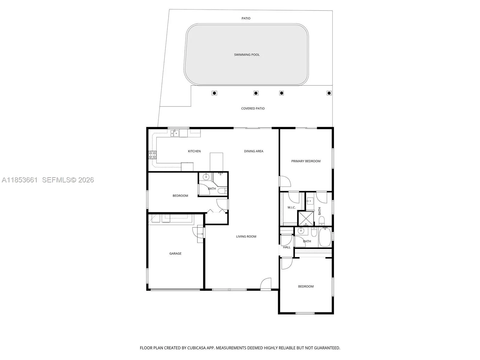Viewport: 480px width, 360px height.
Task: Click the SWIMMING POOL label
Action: [x=247, y=55]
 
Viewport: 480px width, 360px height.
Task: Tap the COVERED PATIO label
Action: [x=253, y=108]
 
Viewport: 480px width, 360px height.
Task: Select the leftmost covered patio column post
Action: [x=214, y=93]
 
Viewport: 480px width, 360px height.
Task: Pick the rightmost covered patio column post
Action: [x=329, y=93]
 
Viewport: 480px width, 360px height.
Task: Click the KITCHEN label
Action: [x=194, y=151]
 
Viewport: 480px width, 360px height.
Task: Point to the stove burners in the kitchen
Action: [x=152, y=155]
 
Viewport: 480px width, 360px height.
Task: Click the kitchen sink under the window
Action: [x=175, y=133]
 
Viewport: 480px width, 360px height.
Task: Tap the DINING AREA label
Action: [x=253, y=151]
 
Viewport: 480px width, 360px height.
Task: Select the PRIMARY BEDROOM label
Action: [x=306, y=161]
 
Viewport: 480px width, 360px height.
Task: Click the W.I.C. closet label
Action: [x=291, y=208]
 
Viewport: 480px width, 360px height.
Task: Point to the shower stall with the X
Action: [x=306, y=218]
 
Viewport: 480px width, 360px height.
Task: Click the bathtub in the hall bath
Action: [x=325, y=237]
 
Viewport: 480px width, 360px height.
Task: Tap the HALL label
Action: [x=286, y=247]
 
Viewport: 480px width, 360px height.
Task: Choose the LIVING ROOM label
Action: [x=246, y=236]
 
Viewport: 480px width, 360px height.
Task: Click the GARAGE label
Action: [x=175, y=253]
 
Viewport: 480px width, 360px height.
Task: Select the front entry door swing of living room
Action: [x=266, y=283]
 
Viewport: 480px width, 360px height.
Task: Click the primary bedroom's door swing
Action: [x=285, y=181]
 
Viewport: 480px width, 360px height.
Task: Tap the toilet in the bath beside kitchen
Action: [x=222, y=191]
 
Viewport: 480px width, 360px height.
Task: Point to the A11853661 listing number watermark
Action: [x=20, y=180]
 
